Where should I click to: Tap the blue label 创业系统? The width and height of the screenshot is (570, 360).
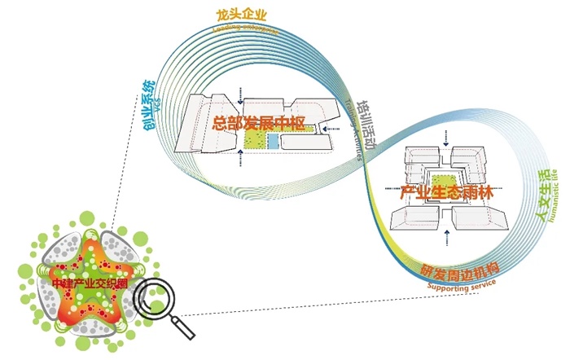coord(141,103)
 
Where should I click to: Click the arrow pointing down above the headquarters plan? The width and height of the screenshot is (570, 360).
coord(240,98)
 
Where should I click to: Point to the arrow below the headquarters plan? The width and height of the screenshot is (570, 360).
coord(241,159)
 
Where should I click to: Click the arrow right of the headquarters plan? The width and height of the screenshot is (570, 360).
coord(326,128)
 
